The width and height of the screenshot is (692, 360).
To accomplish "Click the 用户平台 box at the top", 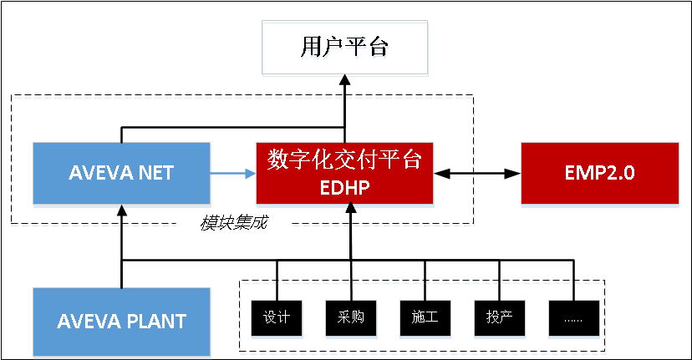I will [x=344, y=47].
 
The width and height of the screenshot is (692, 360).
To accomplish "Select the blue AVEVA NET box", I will [x=121, y=173].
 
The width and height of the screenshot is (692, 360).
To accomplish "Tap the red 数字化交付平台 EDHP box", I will [x=344, y=173].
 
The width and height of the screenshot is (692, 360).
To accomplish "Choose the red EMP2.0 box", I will [x=601, y=173].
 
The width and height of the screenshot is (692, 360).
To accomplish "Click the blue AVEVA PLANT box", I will [x=121, y=321].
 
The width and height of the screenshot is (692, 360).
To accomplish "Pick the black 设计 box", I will [x=276, y=317].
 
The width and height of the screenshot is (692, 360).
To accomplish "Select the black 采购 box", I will [x=350, y=317].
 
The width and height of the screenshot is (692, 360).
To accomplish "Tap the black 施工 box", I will [x=425, y=317].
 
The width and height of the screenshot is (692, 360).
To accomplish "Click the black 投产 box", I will [x=499, y=317].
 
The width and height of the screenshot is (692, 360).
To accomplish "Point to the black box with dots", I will [x=573, y=317].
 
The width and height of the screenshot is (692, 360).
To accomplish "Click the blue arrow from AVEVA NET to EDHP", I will [x=233, y=174].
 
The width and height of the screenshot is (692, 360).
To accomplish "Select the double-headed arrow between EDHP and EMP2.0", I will [x=477, y=174].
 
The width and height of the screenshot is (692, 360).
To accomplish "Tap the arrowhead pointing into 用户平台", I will [x=344, y=79].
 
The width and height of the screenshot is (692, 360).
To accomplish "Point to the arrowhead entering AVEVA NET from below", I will [x=122, y=210].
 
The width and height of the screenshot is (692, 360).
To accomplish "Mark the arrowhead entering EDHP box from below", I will [x=350, y=210].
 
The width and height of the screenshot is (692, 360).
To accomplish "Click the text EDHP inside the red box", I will [x=344, y=188].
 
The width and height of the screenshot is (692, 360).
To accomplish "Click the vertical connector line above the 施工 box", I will [x=425, y=280].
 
